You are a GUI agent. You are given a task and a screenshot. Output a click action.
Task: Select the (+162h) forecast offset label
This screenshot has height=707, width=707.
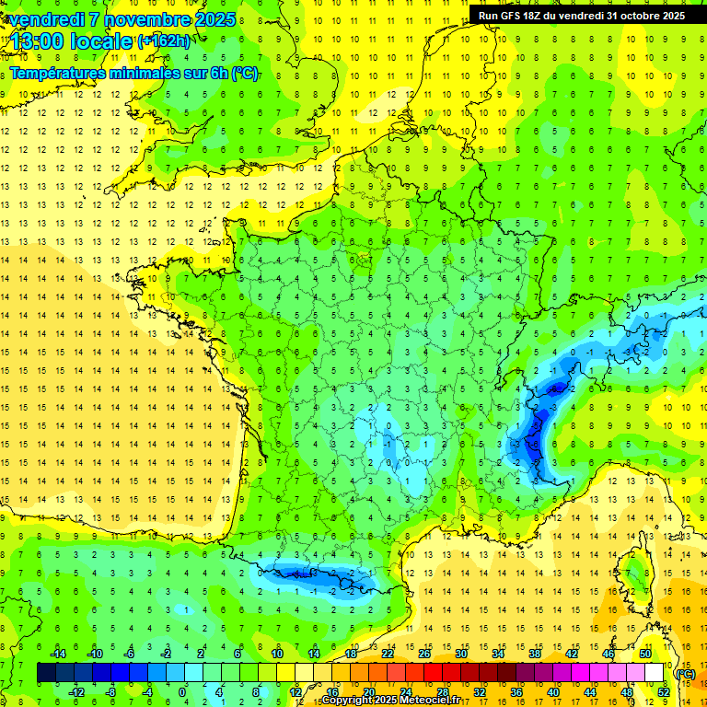pos(164,41)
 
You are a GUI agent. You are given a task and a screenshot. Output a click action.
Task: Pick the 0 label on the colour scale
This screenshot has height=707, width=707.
pos(182,692)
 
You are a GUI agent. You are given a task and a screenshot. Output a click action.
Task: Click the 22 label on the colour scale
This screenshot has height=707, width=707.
pos(387,654)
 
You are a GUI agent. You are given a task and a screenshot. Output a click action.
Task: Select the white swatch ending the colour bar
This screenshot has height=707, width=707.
pos(655,673)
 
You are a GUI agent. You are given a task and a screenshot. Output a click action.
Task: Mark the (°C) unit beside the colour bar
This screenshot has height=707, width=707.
pos(685,674)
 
